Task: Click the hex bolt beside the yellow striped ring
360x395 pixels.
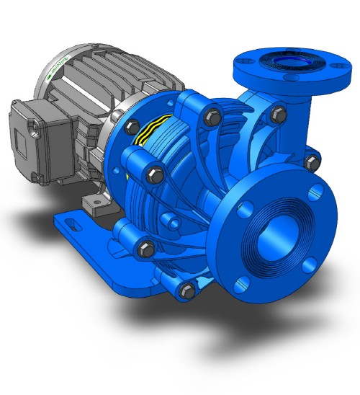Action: pos(132,128)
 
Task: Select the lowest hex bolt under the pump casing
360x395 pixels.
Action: pos(187,290)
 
